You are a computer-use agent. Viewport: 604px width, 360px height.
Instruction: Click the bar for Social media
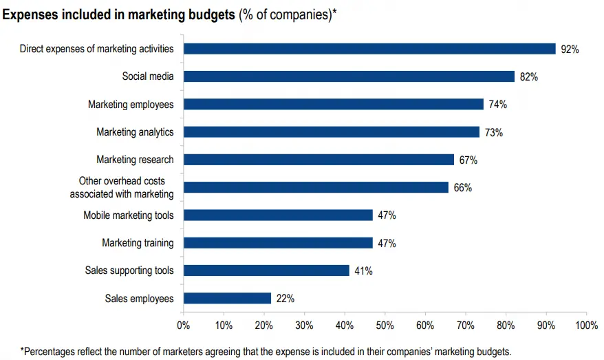pyautogui.click(x=349, y=76)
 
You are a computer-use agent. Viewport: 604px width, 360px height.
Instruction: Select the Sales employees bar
pyautogui.click(x=227, y=298)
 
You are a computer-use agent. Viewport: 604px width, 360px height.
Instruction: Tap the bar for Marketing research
pyautogui.click(x=319, y=160)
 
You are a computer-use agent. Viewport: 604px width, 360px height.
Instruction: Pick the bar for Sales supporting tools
pyautogui.click(x=266, y=271)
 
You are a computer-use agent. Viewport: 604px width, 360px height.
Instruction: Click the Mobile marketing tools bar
pyautogui.click(x=278, y=215)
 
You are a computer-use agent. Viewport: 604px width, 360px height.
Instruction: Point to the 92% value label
pyautogui.click(x=570, y=49)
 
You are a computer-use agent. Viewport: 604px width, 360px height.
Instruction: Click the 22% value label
pyautogui.click(x=285, y=299)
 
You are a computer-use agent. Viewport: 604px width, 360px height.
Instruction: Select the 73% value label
pyautogui.click(x=493, y=132)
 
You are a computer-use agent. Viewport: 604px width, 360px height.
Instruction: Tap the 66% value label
pyautogui.click(x=462, y=188)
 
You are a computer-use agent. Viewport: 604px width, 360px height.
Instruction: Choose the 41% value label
pyautogui.click(x=363, y=271)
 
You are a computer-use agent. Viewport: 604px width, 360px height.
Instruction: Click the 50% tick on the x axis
pyautogui.click(x=385, y=325)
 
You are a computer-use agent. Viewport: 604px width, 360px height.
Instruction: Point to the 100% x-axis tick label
pyautogui.click(x=586, y=325)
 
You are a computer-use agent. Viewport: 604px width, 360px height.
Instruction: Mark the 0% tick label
pyautogui.click(x=184, y=325)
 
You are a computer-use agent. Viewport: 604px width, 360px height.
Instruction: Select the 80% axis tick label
pyautogui.click(x=506, y=325)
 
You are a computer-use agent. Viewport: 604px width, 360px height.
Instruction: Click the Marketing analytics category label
pyautogui.click(x=135, y=131)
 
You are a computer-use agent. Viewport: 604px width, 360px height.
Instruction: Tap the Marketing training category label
pyautogui.click(x=138, y=243)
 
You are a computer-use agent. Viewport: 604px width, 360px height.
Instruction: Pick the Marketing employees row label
pyautogui.click(x=131, y=104)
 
